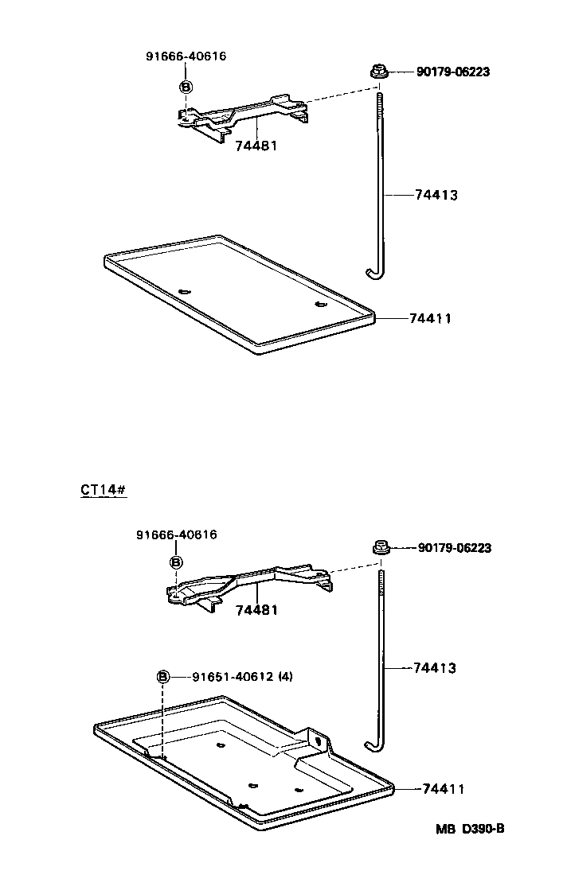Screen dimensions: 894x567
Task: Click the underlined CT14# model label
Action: click(x=104, y=489)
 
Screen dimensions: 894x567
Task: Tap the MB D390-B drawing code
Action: click(x=470, y=828)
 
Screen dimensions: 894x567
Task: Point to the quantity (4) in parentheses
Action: click(x=286, y=677)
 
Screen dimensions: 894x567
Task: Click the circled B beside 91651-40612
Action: click(x=162, y=677)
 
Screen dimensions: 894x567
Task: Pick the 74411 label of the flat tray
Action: click(x=430, y=318)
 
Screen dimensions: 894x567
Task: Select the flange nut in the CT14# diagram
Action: click(x=380, y=548)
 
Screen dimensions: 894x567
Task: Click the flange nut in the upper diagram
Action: click(x=380, y=72)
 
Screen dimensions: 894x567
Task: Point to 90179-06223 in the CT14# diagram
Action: click(x=454, y=548)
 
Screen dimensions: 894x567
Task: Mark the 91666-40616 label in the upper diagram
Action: click(x=186, y=56)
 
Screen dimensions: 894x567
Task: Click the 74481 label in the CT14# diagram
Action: click(x=256, y=610)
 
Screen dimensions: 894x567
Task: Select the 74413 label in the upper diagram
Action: click(x=436, y=195)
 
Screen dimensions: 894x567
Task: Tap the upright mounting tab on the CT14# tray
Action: click(x=320, y=740)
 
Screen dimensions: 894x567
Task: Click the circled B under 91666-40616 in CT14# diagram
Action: click(x=176, y=562)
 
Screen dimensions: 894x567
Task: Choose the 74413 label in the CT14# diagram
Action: click(x=435, y=668)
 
